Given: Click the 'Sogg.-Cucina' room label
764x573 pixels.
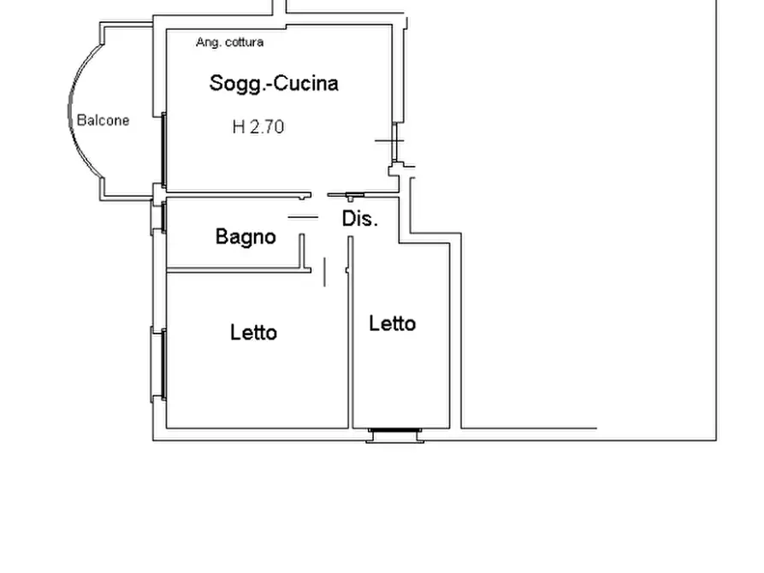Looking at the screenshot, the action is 274,84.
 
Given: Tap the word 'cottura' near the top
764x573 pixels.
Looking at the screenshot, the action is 245,43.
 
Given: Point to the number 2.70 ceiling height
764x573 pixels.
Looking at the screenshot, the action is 267,127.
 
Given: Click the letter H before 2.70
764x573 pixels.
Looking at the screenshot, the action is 239,127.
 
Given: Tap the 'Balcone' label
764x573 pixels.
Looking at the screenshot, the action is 104,121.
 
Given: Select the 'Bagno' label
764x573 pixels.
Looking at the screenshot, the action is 246,237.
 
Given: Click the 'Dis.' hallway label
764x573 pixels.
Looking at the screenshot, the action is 360,219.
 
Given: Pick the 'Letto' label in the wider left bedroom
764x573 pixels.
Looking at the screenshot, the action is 253,333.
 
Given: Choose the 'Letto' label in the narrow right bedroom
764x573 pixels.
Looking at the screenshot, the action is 392,323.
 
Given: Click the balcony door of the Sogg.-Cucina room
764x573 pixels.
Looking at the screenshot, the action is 163,150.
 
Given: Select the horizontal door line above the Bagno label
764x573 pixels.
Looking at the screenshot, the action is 303,217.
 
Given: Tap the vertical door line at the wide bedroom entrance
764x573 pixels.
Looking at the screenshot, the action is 324,272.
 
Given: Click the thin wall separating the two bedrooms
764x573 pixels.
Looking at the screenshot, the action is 350,333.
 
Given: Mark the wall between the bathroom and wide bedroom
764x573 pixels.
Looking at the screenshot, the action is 239,269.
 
